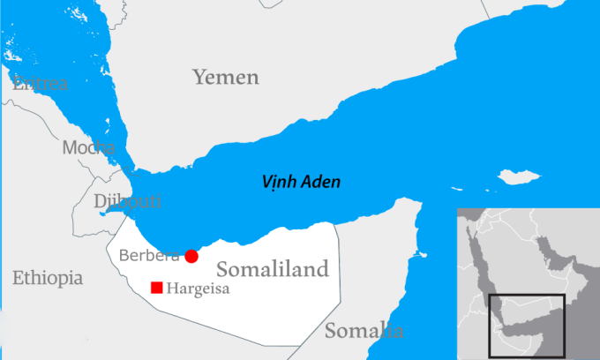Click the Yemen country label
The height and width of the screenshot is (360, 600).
point(226,78)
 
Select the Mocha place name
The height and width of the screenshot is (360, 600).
point(88,147)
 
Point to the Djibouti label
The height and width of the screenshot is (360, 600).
point(128,201)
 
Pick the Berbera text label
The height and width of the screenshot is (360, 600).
point(148,256)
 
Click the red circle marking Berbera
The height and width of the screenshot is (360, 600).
point(191,256)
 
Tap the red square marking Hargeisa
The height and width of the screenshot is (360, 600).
point(156,287)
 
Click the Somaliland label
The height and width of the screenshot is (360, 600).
point(272,269)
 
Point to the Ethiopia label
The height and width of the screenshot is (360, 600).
point(48,278)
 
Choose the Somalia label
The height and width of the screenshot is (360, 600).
point(364,331)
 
